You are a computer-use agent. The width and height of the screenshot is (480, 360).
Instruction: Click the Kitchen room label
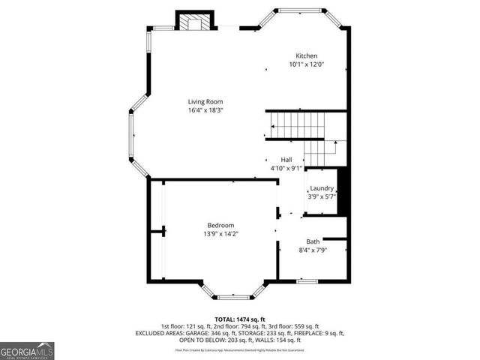pyautogui.click(x=306, y=56)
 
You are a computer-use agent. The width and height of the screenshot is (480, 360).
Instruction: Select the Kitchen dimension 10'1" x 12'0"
pyautogui.click(x=306, y=65)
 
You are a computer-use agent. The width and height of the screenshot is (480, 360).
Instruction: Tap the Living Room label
pyautogui.click(x=205, y=101)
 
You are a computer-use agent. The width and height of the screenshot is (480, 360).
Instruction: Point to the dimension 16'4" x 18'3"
pyautogui.click(x=205, y=110)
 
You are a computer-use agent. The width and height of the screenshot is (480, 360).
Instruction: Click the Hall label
pyautogui.click(x=286, y=160)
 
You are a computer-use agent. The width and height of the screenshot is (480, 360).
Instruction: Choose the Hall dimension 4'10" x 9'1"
pyautogui.click(x=286, y=169)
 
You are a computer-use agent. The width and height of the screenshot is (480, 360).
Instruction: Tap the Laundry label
pyautogui.click(x=321, y=188)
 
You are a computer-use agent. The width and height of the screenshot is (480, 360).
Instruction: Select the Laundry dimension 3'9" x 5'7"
pyautogui.click(x=321, y=196)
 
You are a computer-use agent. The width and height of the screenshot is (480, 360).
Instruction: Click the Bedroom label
pyautogui.click(x=221, y=225)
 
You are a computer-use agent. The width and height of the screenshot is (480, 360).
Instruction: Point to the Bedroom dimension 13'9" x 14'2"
pyautogui.click(x=221, y=234)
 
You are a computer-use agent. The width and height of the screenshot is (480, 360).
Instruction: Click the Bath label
pyautogui.click(x=313, y=241)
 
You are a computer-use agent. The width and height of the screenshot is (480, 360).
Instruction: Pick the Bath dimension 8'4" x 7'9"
pyautogui.click(x=313, y=250)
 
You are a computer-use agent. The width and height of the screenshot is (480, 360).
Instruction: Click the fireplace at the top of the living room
pyautogui.click(x=195, y=22)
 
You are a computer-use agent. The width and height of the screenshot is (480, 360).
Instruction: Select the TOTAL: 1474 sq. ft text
pyautogui.click(x=240, y=319)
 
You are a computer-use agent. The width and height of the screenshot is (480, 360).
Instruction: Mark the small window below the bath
pyautogui.click(x=306, y=281)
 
